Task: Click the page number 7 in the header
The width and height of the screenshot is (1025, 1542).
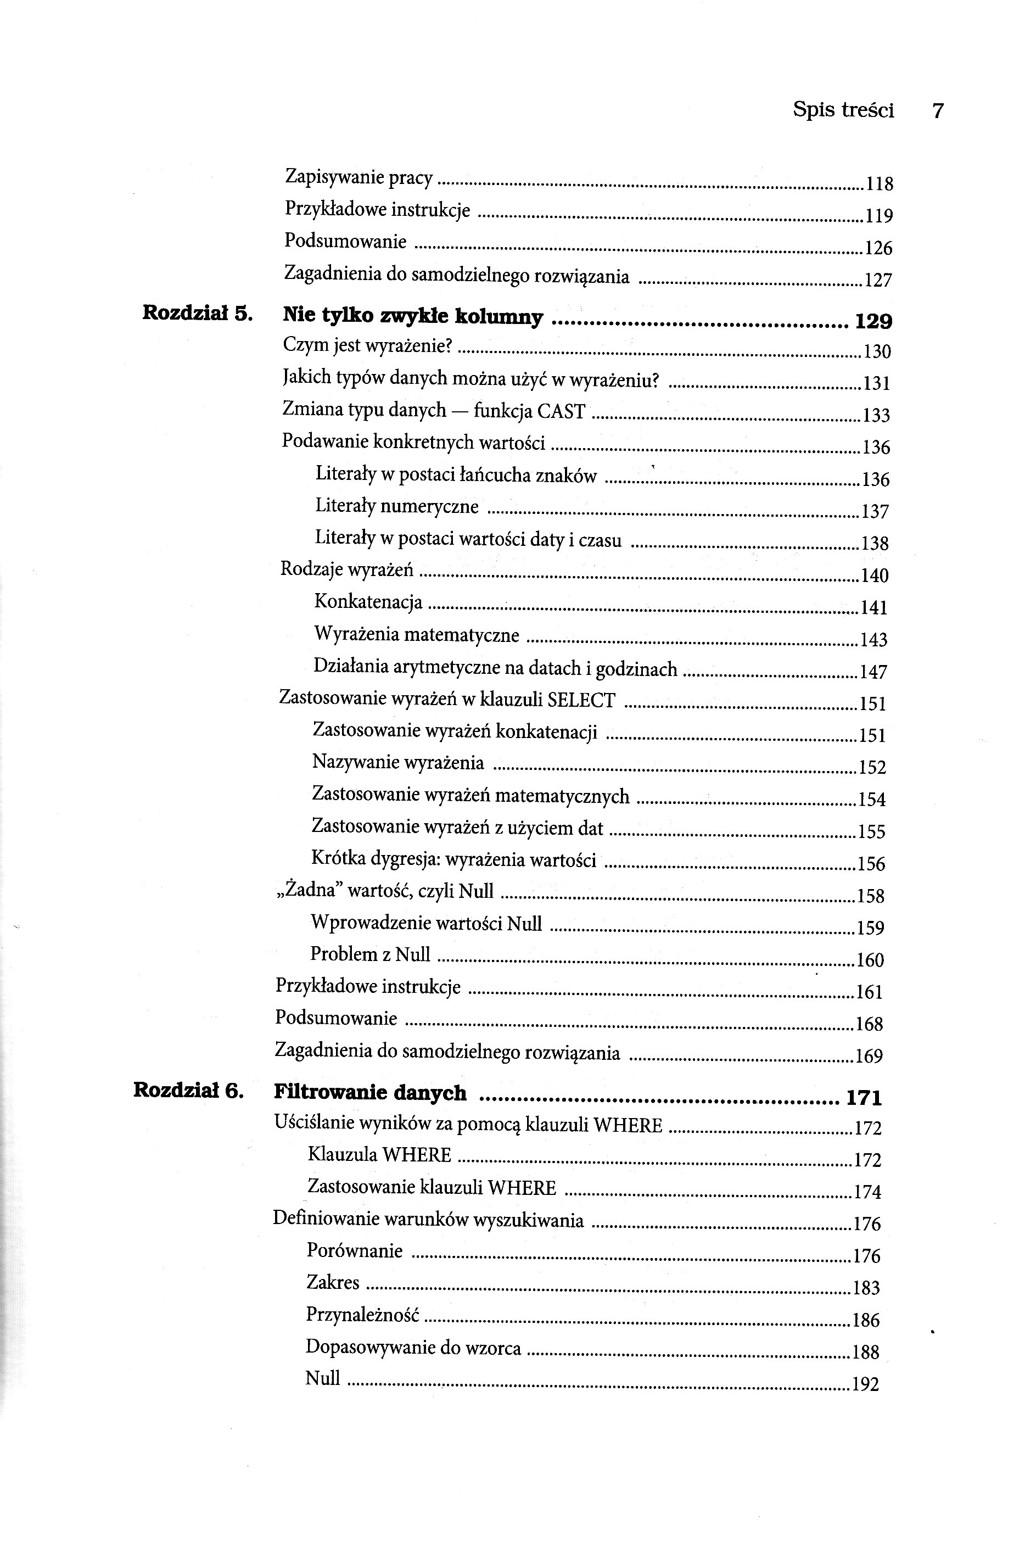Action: [937, 111]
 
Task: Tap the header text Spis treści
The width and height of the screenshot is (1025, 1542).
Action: [843, 110]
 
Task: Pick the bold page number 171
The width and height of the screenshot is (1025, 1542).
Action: [864, 1098]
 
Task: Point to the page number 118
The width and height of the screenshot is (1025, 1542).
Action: [879, 185]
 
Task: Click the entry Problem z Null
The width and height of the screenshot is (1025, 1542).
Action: [370, 954]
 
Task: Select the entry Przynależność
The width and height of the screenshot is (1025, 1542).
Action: [362, 1315]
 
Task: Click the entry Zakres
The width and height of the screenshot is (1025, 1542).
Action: [333, 1282]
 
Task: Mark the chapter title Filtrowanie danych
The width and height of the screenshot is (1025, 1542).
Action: [370, 1093]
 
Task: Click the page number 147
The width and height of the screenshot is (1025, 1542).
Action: [873, 672]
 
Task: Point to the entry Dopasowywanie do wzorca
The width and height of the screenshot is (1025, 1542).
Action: [413, 1347]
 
